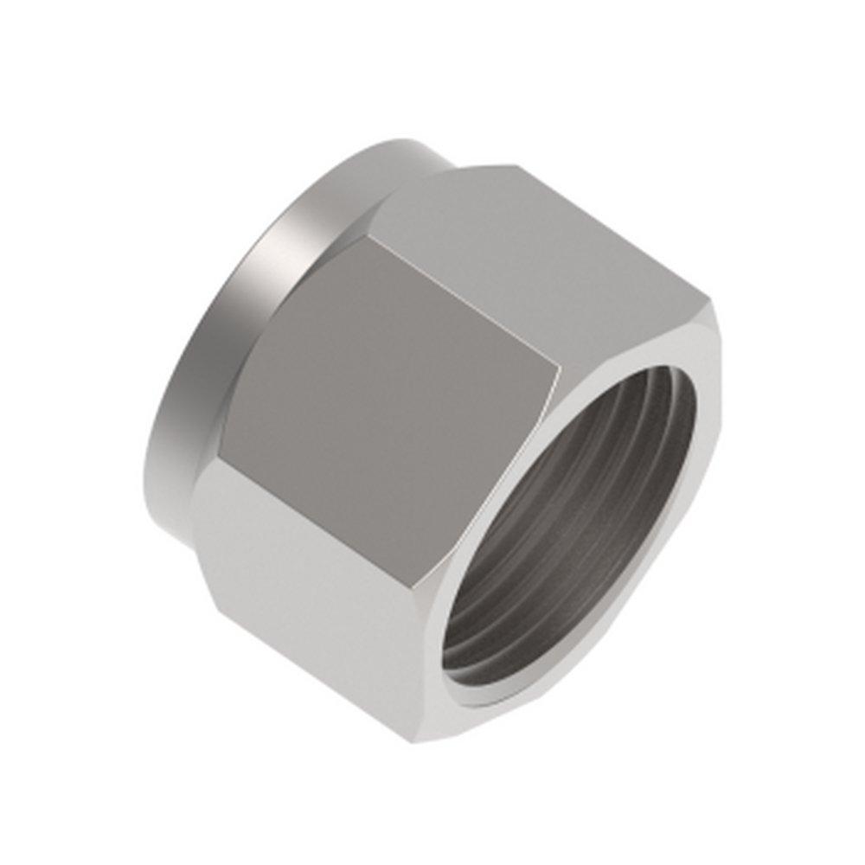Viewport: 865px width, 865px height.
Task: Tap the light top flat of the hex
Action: [x=528, y=242]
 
